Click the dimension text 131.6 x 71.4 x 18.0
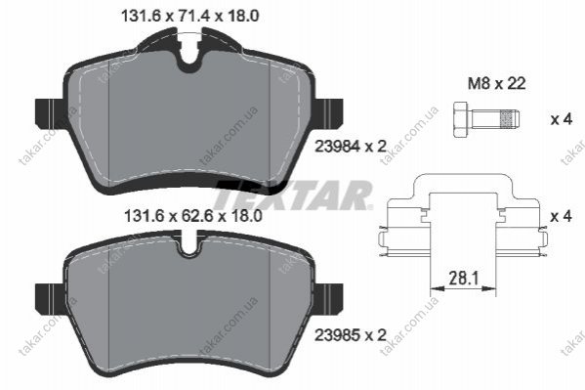[x=190, y=16]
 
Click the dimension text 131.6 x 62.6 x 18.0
[x=193, y=216]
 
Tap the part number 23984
[x=338, y=146]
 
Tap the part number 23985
[x=338, y=335]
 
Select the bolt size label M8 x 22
[x=497, y=83]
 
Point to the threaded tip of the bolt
[x=511, y=119]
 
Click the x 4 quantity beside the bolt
[x=562, y=119]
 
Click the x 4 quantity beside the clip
[x=562, y=216]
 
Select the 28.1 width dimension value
[x=463, y=278]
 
